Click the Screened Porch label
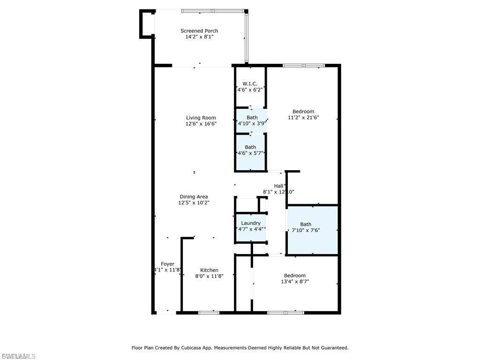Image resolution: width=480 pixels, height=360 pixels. point(199,31)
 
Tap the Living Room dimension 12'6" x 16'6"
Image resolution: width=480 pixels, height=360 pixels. point(201,124)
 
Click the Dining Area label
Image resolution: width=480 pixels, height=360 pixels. point(194,197)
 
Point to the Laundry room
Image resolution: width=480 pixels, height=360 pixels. point(251,223)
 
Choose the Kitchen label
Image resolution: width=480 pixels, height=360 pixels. point(209,270)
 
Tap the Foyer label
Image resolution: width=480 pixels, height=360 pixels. point(167,264)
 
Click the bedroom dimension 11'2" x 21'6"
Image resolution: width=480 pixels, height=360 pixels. point(303,118)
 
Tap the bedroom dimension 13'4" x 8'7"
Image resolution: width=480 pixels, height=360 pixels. point(294,282)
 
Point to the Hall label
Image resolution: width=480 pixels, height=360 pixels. point(278,186)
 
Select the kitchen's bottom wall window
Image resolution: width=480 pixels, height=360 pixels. point(209,312)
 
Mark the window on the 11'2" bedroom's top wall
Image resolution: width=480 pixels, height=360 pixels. point(304,66)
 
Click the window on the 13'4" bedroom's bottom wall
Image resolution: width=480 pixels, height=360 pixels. point(285,312)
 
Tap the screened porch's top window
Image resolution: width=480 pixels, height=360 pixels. point(212,10)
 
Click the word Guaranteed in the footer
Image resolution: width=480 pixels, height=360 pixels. point(333,348)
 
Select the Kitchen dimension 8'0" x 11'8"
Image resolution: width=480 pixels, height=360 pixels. point(209,277)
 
